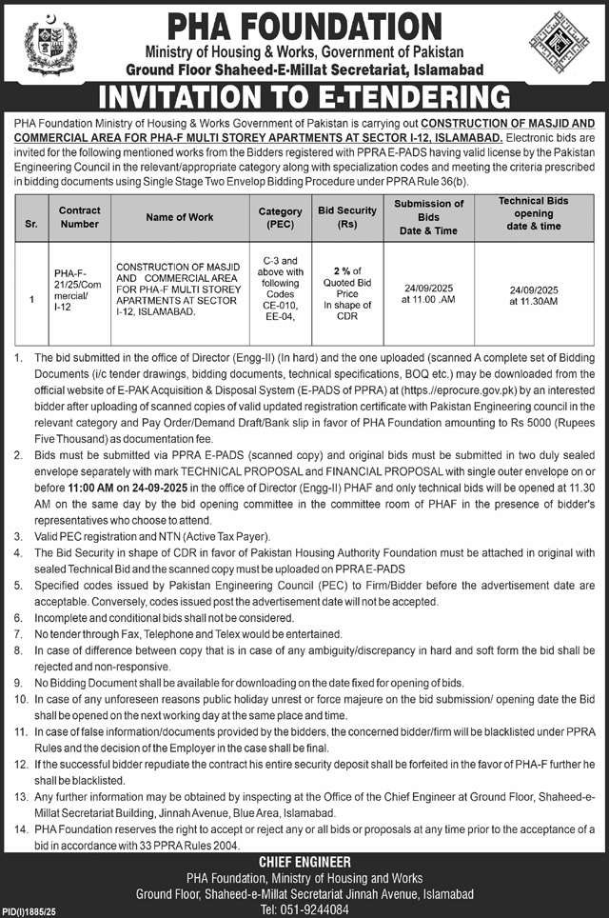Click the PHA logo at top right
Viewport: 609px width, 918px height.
pyautogui.click(x=560, y=45)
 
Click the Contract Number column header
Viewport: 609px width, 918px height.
pyautogui.click(x=79, y=216)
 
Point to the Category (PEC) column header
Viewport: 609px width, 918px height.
pyautogui.click(x=280, y=216)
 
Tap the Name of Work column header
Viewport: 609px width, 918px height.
pyautogui.click(x=180, y=216)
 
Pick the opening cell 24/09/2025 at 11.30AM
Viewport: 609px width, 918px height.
pyautogui.click(x=533, y=296)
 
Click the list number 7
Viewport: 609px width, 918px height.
pyautogui.click(x=18, y=633)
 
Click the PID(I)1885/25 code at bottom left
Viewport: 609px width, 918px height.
pyautogui.click(x=32, y=911)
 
